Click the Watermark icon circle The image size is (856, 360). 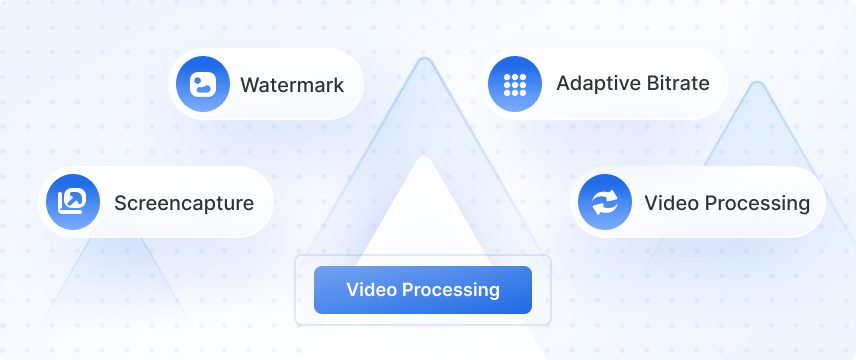(x=203, y=84)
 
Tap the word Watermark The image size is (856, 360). (x=292, y=85)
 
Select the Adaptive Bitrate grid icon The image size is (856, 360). (x=514, y=84)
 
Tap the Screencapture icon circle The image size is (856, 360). (x=73, y=202)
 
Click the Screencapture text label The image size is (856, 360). (x=184, y=203)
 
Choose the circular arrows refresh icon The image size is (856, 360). (x=605, y=202)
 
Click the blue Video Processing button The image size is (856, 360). (x=423, y=290)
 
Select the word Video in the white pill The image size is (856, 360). (x=671, y=203)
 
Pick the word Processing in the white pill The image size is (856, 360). (x=757, y=204)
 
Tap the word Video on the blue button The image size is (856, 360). (x=372, y=290)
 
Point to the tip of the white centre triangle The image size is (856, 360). (x=423, y=157)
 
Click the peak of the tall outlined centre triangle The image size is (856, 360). (x=424, y=58)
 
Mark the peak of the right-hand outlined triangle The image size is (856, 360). (x=757, y=83)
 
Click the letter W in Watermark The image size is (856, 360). (x=249, y=85)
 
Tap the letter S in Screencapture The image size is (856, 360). (x=120, y=203)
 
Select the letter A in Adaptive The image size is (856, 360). (x=564, y=84)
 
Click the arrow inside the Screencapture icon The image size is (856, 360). (x=74, y=198)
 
